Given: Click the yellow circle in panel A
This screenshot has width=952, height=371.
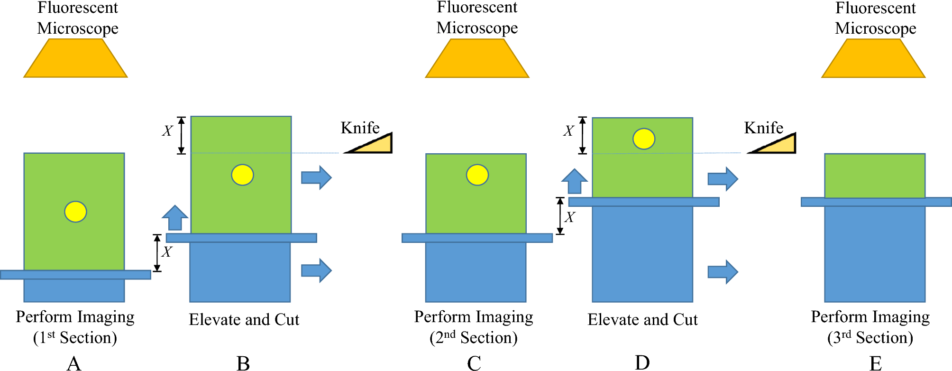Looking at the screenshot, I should point(75,212).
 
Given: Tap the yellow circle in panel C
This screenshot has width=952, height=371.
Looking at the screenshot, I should point(477,175).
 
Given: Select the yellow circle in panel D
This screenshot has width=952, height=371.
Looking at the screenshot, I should point(644,139).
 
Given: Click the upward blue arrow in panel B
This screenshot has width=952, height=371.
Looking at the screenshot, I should point(175,218).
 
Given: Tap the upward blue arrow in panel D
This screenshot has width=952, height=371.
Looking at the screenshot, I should point(575,182).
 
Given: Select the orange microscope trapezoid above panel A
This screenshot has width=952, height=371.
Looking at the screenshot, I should point(75,58).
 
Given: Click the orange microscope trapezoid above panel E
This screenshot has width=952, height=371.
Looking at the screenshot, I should point(873,58).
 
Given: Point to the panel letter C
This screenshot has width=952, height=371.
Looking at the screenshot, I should point(474,363).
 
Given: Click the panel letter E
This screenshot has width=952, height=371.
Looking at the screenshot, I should point(875,363).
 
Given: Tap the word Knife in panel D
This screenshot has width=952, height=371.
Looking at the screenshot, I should point(763,128).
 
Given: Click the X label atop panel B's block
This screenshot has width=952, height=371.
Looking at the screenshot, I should point(167,131).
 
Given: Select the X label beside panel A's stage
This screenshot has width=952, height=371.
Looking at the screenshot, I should point(166,252).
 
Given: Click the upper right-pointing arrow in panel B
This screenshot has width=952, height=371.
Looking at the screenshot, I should point(316,177).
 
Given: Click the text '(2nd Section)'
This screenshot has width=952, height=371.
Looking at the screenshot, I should point(473,338).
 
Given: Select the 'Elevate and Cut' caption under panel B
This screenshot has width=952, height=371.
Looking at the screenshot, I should point(244,320).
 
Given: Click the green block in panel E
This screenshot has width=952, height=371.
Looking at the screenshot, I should point(875,176).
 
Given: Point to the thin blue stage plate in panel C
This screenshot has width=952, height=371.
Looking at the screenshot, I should point(477,238).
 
